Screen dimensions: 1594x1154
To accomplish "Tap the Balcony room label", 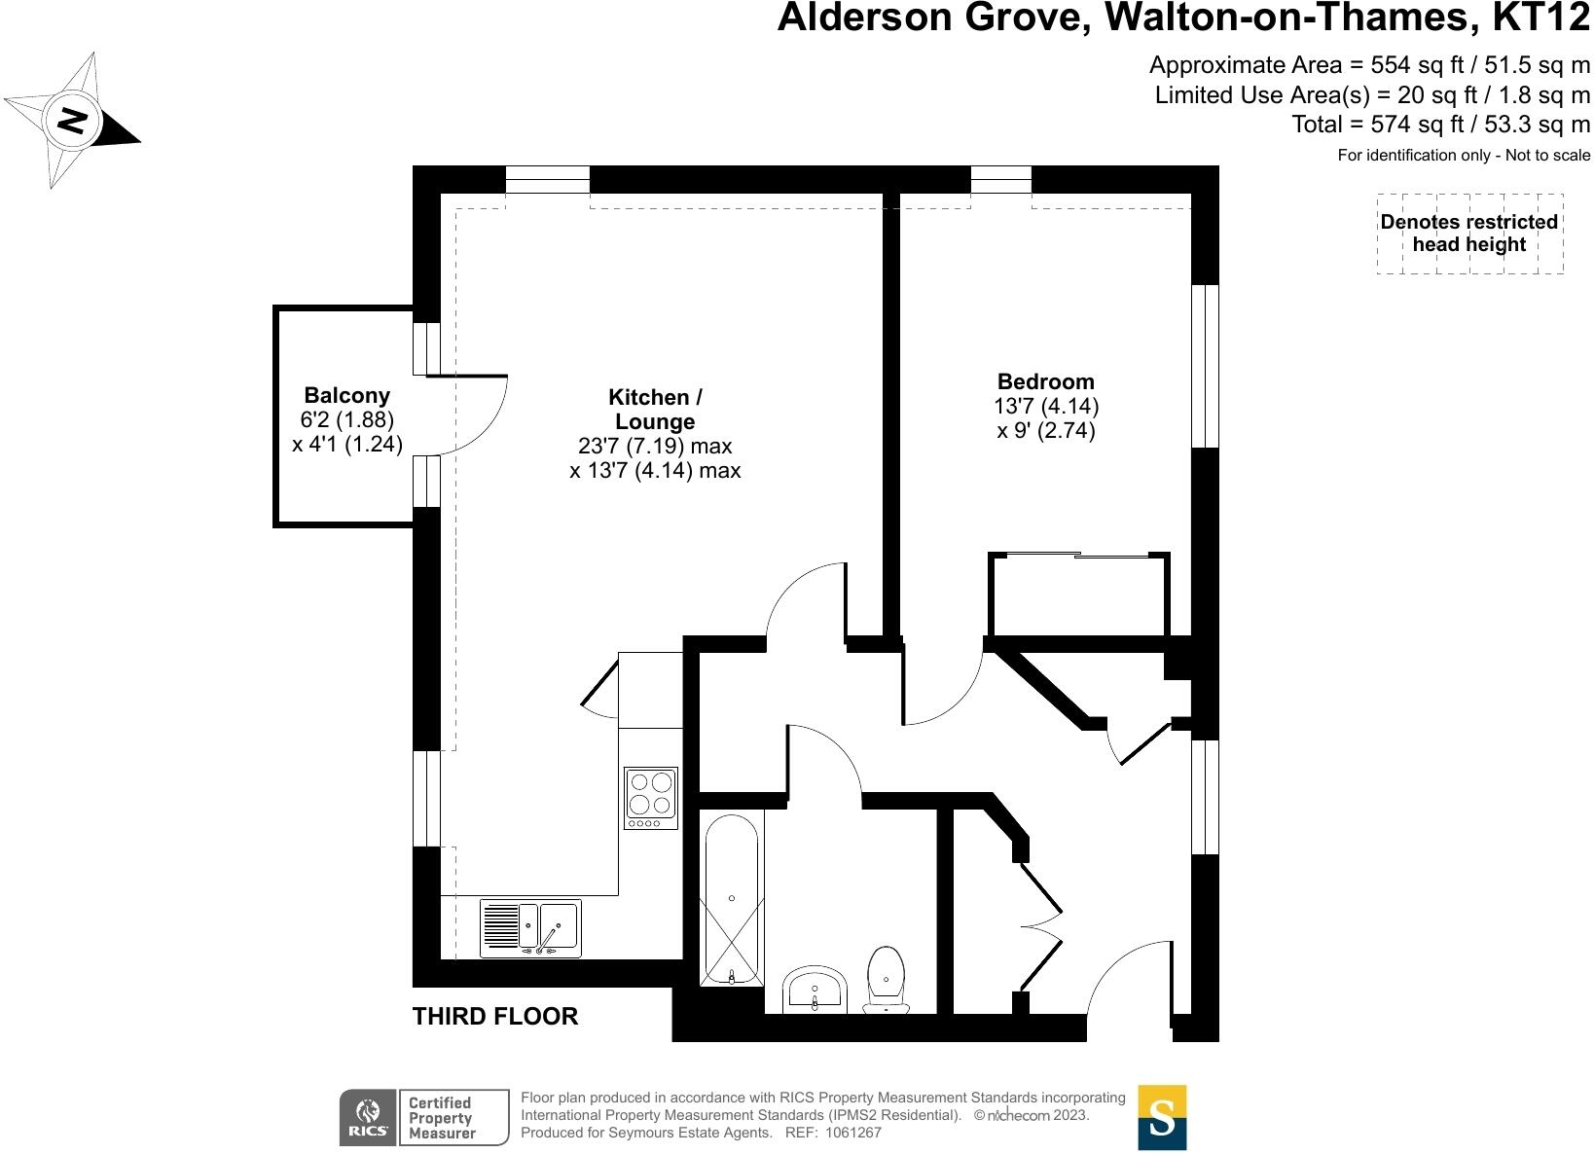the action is [346, 396].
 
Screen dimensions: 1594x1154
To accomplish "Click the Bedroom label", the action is [1046, 381].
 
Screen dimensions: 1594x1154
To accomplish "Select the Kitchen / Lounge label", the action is [655, 410].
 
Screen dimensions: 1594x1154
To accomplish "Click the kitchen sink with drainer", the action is [530, 927].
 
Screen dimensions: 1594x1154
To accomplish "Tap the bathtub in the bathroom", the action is [732, 898].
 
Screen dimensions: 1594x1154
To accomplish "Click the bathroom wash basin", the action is [815, 990].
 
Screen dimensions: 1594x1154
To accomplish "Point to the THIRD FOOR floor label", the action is [495, 1017].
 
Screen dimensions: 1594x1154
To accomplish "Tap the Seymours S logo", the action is [1162, 1117].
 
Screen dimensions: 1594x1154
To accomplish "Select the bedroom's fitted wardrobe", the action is [1079, 595].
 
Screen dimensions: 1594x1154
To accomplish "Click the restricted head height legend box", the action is [1469, 234].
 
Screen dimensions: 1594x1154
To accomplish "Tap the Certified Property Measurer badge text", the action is [441, 1118].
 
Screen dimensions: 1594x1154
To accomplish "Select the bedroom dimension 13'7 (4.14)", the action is [1047, 406].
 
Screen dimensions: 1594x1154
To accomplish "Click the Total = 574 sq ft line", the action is [1440, 125].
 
